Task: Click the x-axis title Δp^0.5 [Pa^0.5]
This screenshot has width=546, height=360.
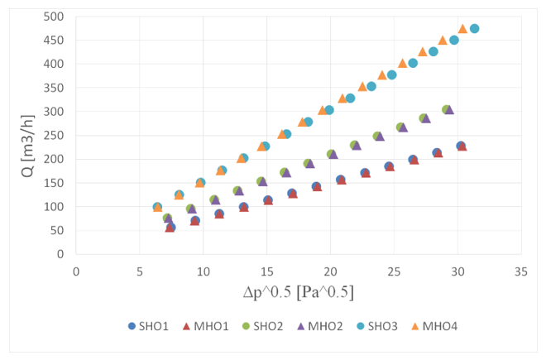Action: point(299,292)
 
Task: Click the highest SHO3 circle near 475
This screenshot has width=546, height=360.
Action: point(474,28)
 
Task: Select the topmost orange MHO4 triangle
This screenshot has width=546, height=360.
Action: point(463,28)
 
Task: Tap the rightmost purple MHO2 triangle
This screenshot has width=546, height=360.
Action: point(450,110)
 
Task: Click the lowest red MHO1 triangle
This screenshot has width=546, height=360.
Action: point(170,228)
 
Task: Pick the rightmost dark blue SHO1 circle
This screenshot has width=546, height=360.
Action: point(460,146)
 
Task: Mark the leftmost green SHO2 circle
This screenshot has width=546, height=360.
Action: point(167,218)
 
